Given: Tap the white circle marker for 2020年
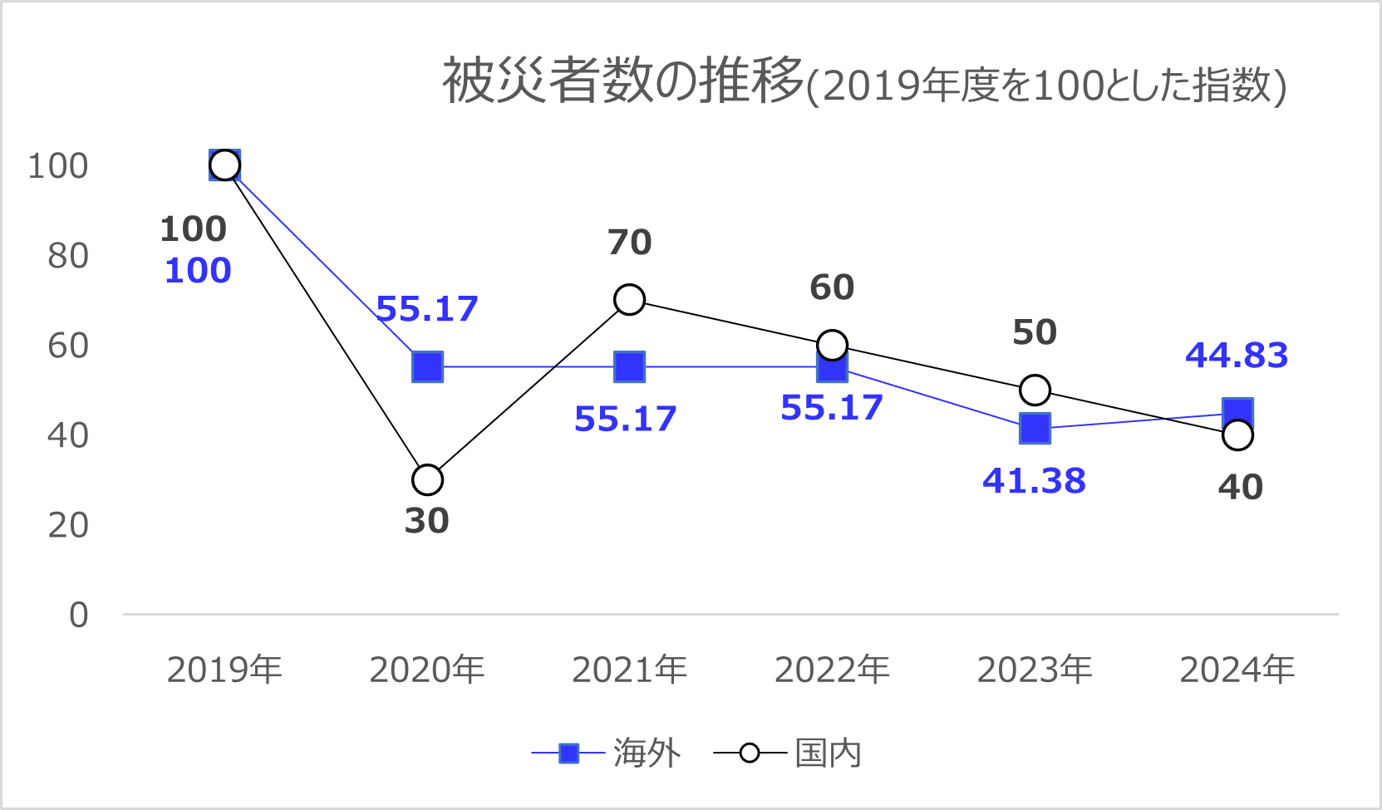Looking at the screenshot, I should pyautogui.click(x=427, y=479).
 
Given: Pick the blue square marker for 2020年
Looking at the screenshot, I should pyautogui.click(x=427, y=366).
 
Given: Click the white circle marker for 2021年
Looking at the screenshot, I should pyautogui.click(x=629, y=299).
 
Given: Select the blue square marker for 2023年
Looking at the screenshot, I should pyautogui.click(x=1035, y=429).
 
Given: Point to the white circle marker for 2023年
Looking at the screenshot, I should pyautogui.click(x=1035, y=390).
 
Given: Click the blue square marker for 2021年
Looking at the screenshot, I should pyautogui.click(x=629, y=366).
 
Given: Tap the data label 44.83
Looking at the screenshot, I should pyautogui.click(x=1237, y=356).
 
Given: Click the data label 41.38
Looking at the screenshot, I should pyautogui.click(x=1034, y=481).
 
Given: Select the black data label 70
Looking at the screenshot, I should pyautogui.click(x=629, y=243).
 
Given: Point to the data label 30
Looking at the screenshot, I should pyautogui.click(x=426, y=521).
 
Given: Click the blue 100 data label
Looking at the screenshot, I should pyautogui.click(x=198, y=271).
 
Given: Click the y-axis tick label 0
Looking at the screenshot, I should pyautogui.click(x=78, y=615).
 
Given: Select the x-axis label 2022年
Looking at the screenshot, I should pyautogui.click(x=832, y=670).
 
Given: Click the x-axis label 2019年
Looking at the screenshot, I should pyautogui.click(x=224, y=670).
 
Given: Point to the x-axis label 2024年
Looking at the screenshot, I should pyautogui.click(x=1237, y=670).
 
